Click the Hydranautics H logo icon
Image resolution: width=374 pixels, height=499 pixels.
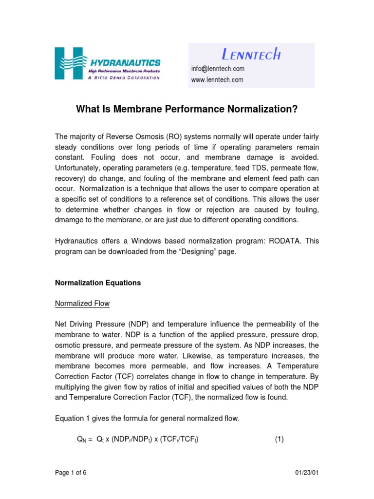[71, 63]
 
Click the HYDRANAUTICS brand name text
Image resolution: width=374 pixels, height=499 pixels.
[125, 62]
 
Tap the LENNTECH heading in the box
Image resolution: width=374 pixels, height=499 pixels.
[251, 54]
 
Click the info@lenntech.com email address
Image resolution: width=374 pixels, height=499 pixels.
[218, 69]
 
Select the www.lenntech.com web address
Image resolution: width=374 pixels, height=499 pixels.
[217, 80]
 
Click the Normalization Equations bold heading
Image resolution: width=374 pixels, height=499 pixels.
[98, 283]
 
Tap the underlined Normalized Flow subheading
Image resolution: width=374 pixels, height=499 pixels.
[82, 304]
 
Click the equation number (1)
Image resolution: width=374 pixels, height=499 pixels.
[279, 439]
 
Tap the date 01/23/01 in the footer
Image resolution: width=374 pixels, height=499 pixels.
[307, 473]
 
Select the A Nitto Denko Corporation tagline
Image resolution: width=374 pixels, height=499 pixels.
[124, 78]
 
